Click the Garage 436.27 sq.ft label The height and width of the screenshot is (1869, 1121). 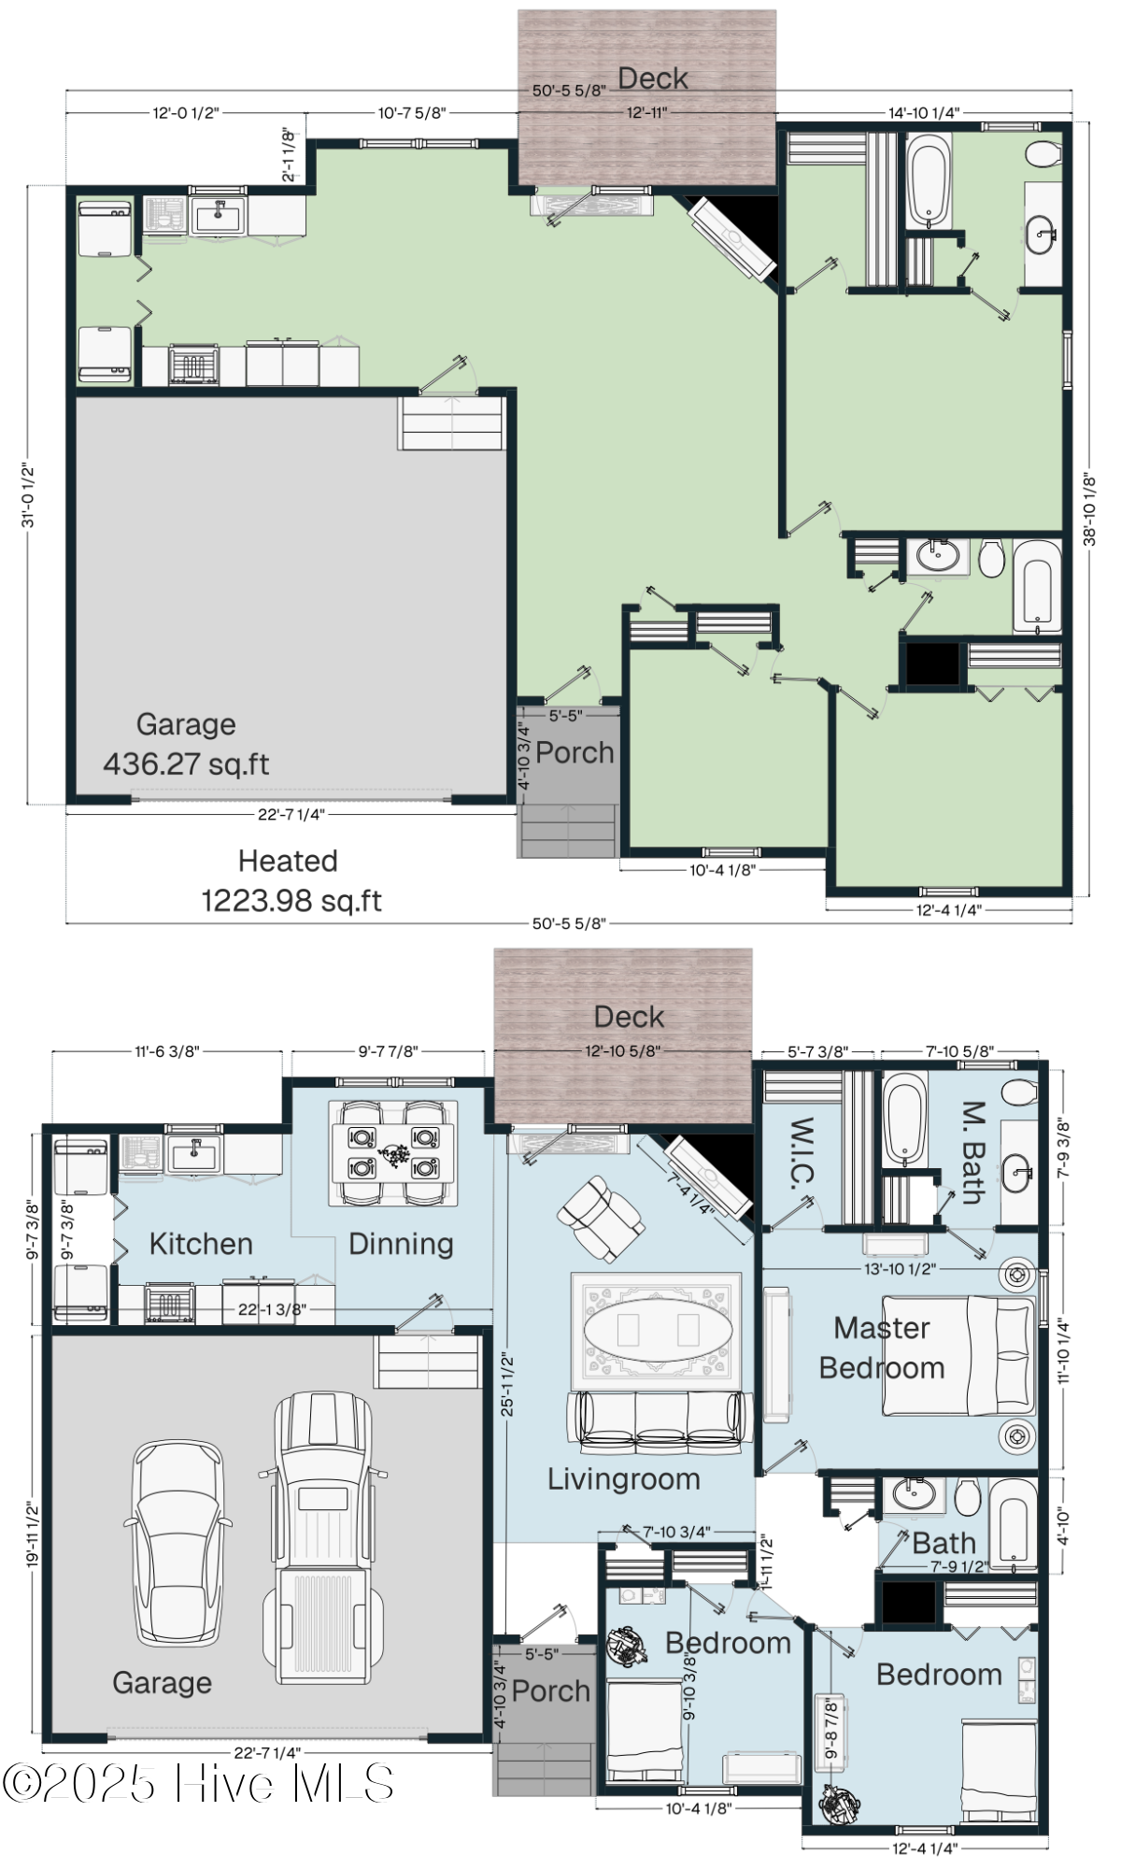[x=186, y=745]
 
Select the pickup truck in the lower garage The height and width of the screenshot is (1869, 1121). [x=323, y=1538]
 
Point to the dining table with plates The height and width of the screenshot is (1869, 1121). [x=393, y=1152]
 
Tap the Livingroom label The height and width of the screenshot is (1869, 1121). [x=623, y=1479]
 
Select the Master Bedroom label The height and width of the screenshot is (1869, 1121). [x=881, y=1348]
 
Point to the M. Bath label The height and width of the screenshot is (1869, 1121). [x=972, y=1154]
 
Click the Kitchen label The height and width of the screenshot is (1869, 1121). [x=201, y=1244]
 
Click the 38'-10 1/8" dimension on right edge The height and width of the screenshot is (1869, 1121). [x=1089, y=509]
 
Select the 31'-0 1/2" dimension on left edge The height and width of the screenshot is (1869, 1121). [x=28, y=495]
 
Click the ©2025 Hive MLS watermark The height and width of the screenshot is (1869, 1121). [x=198, y=1784]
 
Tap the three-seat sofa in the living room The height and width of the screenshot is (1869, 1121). [x=660, y=1422]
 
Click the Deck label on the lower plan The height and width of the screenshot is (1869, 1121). [x=629, y=1017]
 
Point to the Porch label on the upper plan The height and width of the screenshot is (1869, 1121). [x=575, y=753]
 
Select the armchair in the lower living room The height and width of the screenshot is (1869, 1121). [x=599, y=1219]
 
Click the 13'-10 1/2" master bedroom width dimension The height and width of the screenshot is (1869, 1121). [x=899, y=1269]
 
